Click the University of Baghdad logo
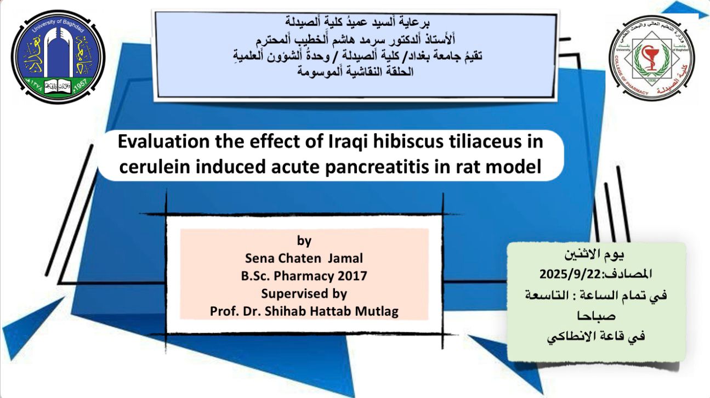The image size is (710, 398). point(58,56)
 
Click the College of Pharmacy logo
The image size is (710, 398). point(652,58)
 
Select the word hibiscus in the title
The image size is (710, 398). point(407,143)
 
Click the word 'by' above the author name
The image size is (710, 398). point(304,241)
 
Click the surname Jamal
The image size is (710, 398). point(345,258)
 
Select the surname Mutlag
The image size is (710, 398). point(377,312)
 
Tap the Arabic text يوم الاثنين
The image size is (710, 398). point(594,254)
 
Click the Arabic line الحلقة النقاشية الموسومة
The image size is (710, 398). point(355,71)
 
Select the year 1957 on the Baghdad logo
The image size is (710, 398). point(80,84)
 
